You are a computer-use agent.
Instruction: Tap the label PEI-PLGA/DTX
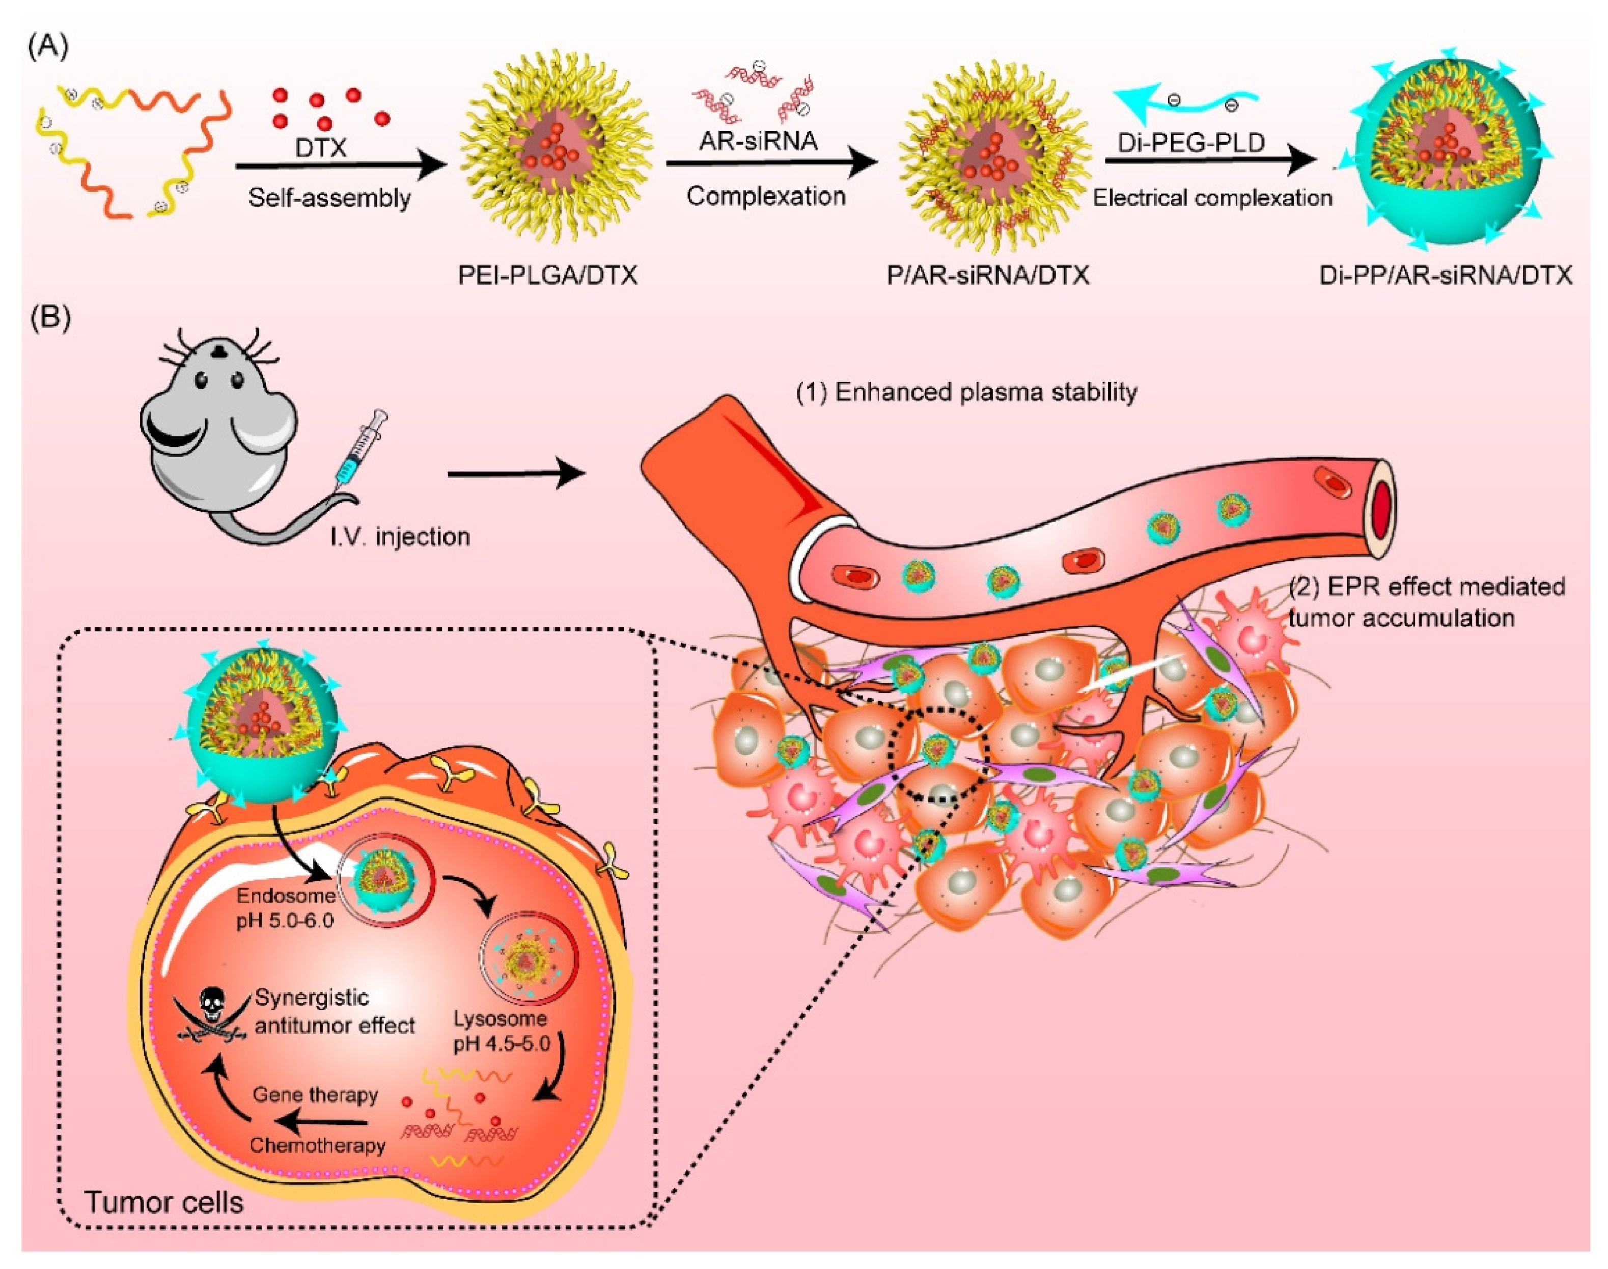(547, 275)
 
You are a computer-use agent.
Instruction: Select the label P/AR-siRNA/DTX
(987, 275)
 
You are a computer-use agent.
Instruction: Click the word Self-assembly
(329, 199)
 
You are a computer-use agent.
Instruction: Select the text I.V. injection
(400, 536)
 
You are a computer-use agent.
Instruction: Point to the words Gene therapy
(315, 1094)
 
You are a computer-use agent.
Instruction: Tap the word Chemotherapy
(317, 1145)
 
